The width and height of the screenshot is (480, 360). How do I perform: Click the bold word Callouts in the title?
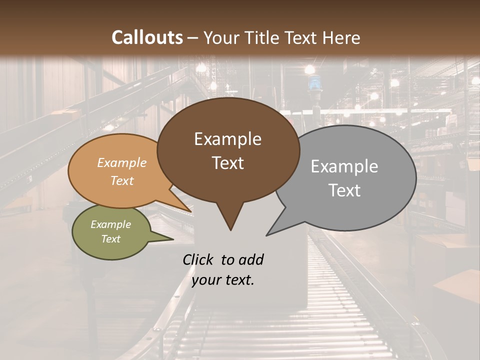point(147,37)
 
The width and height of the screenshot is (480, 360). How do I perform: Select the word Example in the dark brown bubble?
point(227,139)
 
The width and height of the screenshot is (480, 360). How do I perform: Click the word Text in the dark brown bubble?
point(227,163)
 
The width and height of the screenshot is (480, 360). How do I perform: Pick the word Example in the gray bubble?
point(344,166)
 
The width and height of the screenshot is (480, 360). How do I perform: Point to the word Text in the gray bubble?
point(344,190)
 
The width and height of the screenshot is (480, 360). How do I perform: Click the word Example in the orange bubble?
point(121,163)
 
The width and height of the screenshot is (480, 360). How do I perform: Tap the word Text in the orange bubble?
point(121,180)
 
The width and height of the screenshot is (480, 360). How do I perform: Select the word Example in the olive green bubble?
point(110,224)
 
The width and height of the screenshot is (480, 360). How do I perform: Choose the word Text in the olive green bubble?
point(110,239)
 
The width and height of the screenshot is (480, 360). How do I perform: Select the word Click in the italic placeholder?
point(199,259)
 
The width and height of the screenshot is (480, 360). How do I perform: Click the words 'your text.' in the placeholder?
point(223,280)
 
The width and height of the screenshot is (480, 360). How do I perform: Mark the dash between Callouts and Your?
point(193,37)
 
